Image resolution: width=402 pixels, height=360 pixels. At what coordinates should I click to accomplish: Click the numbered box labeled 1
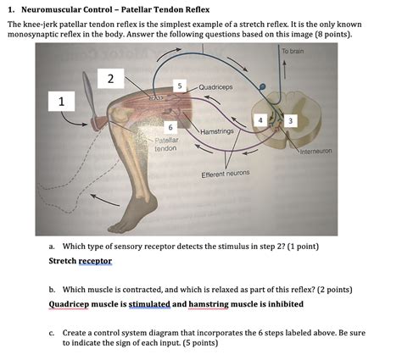point(61,102)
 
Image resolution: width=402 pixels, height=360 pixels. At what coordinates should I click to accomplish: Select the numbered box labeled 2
point(110,79)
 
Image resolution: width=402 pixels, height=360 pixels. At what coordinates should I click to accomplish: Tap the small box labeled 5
point(179,86)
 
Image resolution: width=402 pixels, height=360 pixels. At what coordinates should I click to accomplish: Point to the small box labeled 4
point(260,121)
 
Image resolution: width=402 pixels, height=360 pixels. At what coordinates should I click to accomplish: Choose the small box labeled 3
point(291,121)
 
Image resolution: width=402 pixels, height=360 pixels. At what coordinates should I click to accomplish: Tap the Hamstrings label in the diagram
point(218,131)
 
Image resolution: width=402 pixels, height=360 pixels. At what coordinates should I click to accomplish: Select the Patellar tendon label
point(165,144)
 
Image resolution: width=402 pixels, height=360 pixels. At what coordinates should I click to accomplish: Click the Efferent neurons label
point(225,174)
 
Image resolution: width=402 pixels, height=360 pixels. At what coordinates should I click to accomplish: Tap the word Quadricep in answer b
point(73,303)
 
